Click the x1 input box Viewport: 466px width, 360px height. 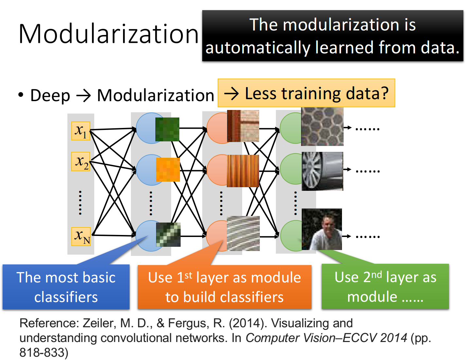pos(81,131)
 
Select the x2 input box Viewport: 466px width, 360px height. pos(81,161)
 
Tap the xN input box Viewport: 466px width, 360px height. pos(81,236)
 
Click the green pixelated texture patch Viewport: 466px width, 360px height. pos(167,129)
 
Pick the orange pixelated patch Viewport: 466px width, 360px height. pos(168,170)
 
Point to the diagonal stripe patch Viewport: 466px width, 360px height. pos(168,235)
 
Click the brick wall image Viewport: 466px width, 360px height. pos(243,126)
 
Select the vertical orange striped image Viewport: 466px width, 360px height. pos(243,171)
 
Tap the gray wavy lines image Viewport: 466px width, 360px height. pos(243,233)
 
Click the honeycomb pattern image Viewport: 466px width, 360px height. pos(322,127)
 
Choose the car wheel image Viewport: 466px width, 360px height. pos(322,171)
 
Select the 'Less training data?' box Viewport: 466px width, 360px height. pos(306,93)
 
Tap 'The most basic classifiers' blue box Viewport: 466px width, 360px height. pos(66,287)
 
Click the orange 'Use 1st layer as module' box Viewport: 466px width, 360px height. pos(224,287)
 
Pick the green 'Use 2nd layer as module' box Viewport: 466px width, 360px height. pos(385,286)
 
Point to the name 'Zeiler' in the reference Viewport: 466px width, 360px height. pos(99,323)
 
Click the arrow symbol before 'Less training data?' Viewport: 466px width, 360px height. pos(231,94)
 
